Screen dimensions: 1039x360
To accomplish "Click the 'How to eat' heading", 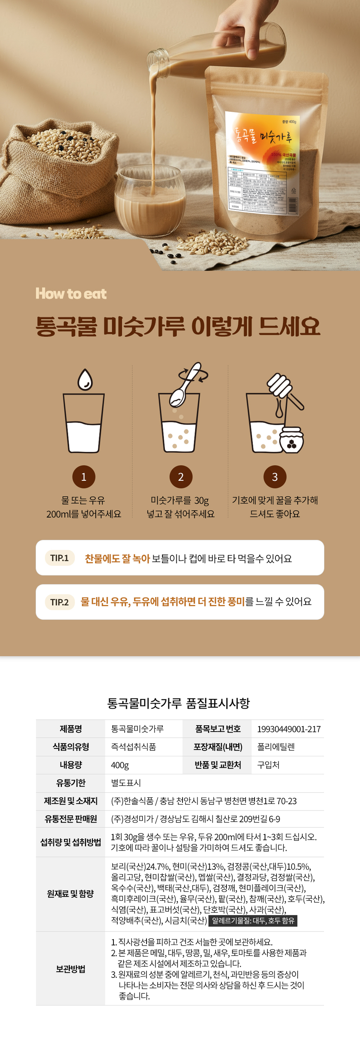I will [x=71, y=294].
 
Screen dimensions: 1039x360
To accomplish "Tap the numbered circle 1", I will [x=84, y=477].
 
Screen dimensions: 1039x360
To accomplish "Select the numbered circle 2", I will [x=181, y=477].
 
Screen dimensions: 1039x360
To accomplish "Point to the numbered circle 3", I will [x=275, y=477].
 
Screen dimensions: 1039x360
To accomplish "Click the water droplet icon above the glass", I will [x=85, y=379].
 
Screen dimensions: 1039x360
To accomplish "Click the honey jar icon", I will [x=291, y=440].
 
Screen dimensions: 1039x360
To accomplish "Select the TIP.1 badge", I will [x=59, y=558].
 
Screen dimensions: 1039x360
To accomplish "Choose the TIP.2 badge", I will [x=59, y=602].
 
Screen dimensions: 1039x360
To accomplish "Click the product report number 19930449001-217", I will [x=288, y=729].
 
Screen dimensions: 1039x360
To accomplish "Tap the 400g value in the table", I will [x=120, y=765].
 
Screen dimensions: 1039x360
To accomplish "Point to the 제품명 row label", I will [x=70, y=729].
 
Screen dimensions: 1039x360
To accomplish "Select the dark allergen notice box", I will [x=253, y=920].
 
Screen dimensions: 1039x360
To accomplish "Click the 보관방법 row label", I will [x=70, y=969].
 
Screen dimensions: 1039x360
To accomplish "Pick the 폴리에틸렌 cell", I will [x=275, y=747].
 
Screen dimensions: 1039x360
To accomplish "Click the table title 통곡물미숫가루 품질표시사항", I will [x=179, y=703].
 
